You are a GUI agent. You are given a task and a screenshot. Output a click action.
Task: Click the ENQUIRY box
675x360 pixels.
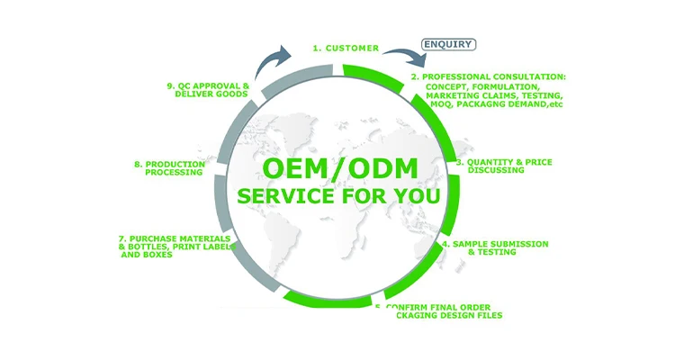pyautogui.click(x=448, y=43)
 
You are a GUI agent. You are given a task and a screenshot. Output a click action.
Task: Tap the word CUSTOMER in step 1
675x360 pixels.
pyautogui.click(x=352, y=48)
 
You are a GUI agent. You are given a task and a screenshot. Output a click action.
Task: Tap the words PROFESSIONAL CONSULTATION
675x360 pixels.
pyautogui.click(x=494, y=77)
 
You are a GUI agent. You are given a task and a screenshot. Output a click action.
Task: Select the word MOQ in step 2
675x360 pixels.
pyautogui.click(x=438, y=104)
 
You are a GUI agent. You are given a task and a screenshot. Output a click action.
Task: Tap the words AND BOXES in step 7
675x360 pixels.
pyautogui.click(x=147, y=256)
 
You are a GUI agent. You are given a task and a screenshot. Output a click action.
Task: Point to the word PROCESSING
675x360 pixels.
pyautogui.click(x=174, y=172)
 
